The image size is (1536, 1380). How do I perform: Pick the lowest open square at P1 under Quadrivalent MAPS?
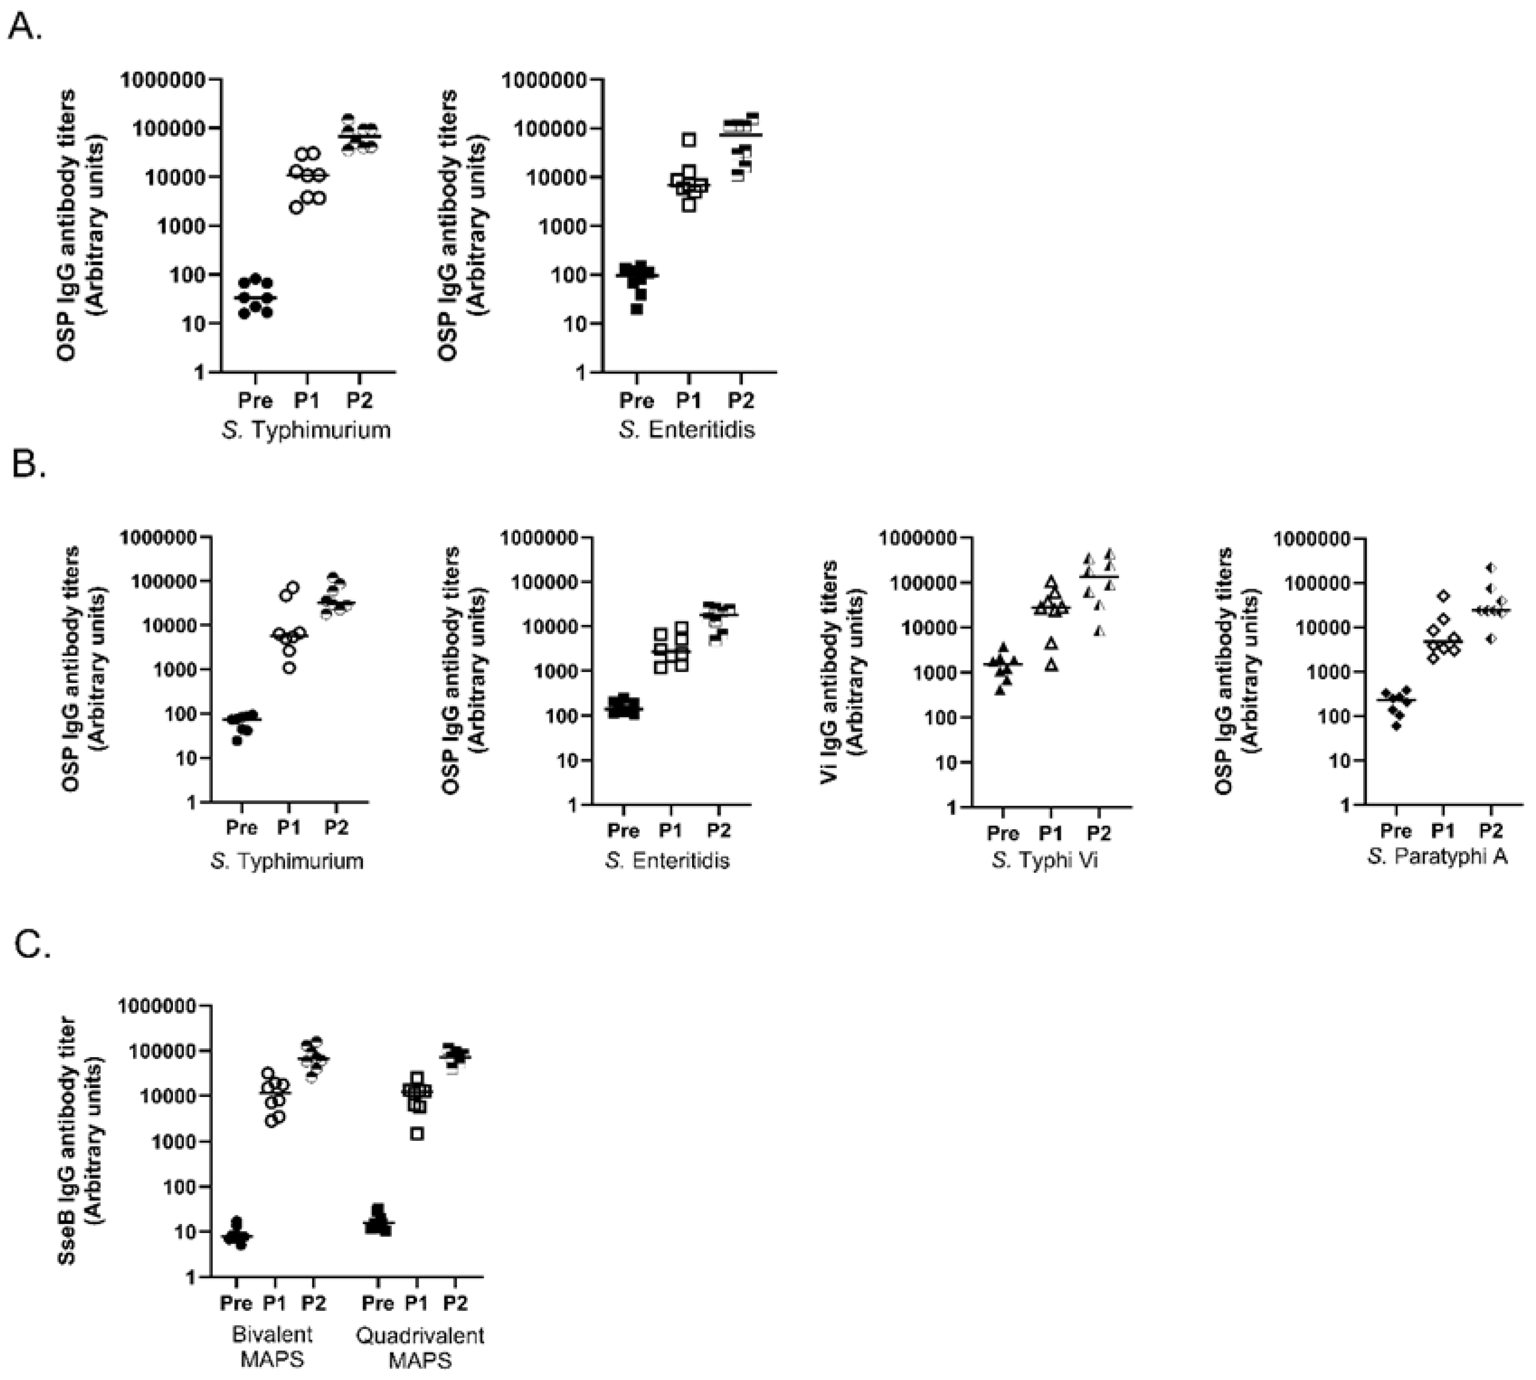tap(417, 1134)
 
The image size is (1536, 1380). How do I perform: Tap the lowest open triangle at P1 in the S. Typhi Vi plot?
tap(1051, 665)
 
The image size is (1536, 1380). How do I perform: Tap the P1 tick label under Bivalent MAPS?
tap(274, 1303)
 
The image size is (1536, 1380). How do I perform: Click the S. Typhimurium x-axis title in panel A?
tap(306, 430)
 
